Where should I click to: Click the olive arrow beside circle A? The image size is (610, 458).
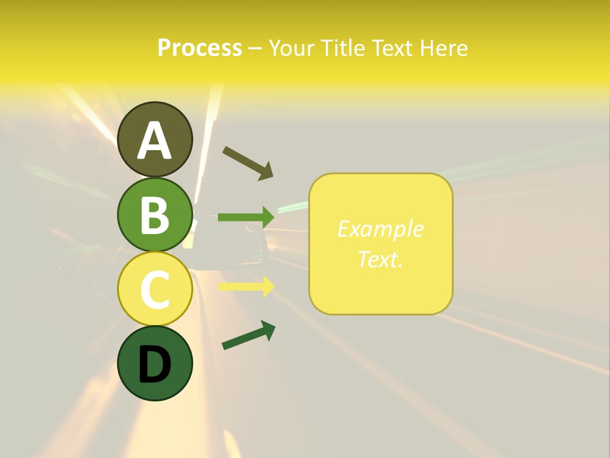248,162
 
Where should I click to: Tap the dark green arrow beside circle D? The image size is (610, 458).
248,335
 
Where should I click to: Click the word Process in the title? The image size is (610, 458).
200,48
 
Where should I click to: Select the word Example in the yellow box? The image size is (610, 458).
380,229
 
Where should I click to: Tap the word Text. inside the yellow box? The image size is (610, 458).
380,259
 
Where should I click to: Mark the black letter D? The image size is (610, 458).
154,364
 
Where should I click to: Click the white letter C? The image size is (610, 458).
154,290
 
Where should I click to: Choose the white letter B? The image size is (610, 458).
154,215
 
